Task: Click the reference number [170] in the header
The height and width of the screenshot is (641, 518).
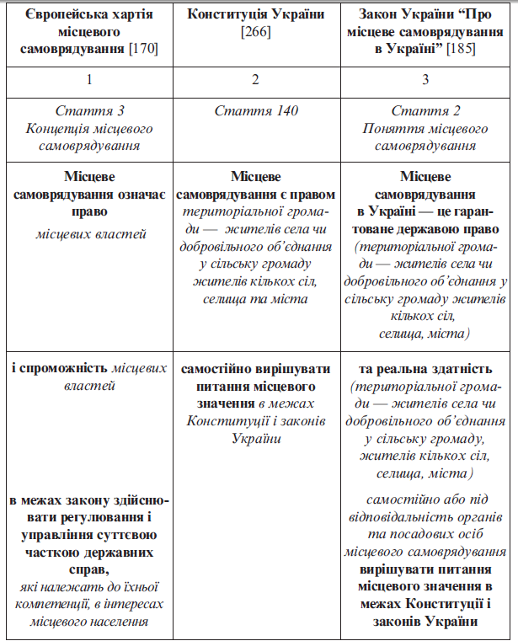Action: [143, 49]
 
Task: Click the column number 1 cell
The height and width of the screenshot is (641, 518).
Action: [88, 80]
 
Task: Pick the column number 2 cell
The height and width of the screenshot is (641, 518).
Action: [257, 80]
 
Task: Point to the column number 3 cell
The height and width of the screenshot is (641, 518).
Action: [425, 80]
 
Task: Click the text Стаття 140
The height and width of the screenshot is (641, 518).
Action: [257, 111]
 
